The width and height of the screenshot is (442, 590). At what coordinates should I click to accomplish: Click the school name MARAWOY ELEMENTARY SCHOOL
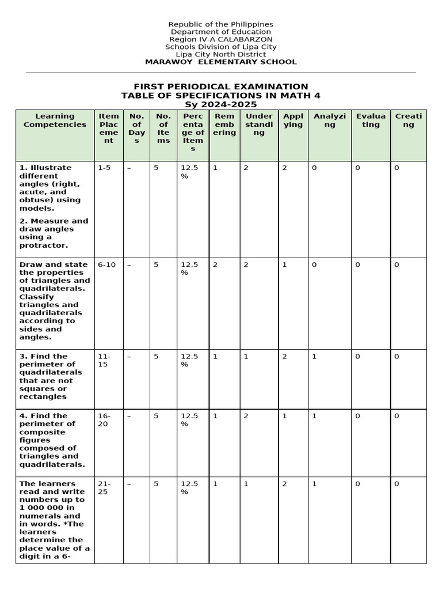pyautogui.click(x=221, y=62)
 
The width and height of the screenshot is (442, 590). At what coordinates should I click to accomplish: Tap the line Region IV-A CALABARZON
pyautogui.click(x=221, y=39)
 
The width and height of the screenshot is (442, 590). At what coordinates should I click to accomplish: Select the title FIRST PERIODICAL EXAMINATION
pyautogui.click(x=221, y=86)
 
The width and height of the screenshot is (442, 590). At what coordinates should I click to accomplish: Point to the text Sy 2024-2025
pyautogui.click(x=221, y=105)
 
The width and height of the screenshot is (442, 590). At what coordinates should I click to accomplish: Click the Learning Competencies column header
pyautogui.click(x=55, y=120)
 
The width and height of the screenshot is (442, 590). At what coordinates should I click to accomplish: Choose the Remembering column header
pyautogui.click(x=224, y=124)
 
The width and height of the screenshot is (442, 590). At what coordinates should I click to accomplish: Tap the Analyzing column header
pyautogui.click(x=330, y=120)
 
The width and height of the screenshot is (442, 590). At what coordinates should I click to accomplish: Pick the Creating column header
pyautogui.click(x=408, y=120)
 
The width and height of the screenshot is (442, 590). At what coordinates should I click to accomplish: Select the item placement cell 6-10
pyautogui.click(x=106, y=264)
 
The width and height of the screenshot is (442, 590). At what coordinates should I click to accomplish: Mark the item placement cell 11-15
pyautogui.click(x=104, y=361)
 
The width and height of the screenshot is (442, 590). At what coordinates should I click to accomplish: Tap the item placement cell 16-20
pyautogui.click(x=104, y=420)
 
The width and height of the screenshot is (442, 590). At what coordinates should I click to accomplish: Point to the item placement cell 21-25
pyautogui.click(x=104, y=488)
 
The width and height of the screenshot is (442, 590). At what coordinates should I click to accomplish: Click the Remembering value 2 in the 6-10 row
pyautogui.click(x=215, y=264)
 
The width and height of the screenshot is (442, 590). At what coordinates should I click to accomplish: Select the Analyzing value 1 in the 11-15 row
pyautogui.click(x=314, y=357)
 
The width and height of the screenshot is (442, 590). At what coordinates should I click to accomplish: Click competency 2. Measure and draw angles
pyautogui.click(x=54, y=233)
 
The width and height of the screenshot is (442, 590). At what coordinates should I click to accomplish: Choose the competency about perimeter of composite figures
pyautogui.click(x=52, y=440)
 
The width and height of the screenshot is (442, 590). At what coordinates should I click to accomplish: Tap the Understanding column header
pyautogui.click(x=259, y=124)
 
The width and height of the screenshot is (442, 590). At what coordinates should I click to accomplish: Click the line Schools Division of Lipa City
pyautogui.click(x=221, y=47)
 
